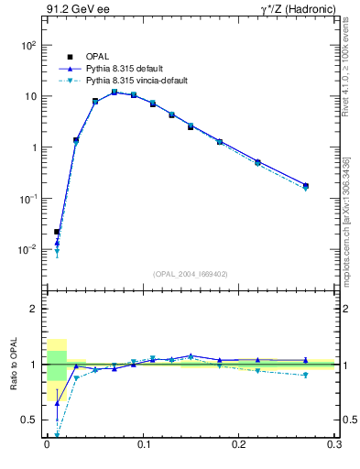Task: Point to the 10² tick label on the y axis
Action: [27, 45]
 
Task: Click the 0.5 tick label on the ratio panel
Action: [28, 420]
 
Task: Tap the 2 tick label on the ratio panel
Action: [33, 310]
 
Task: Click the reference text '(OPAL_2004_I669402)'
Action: [191, 273]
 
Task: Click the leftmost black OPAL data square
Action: [57, 232]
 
